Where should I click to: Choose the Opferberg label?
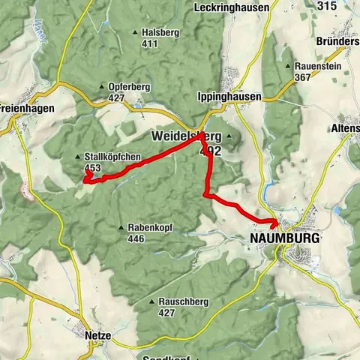130,86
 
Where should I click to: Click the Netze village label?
97,336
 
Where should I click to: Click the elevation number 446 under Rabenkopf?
136,239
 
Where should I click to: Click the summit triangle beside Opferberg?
102,87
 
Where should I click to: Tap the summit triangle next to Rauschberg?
152,301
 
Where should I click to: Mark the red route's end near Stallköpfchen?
87,172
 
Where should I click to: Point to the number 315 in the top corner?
327,5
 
